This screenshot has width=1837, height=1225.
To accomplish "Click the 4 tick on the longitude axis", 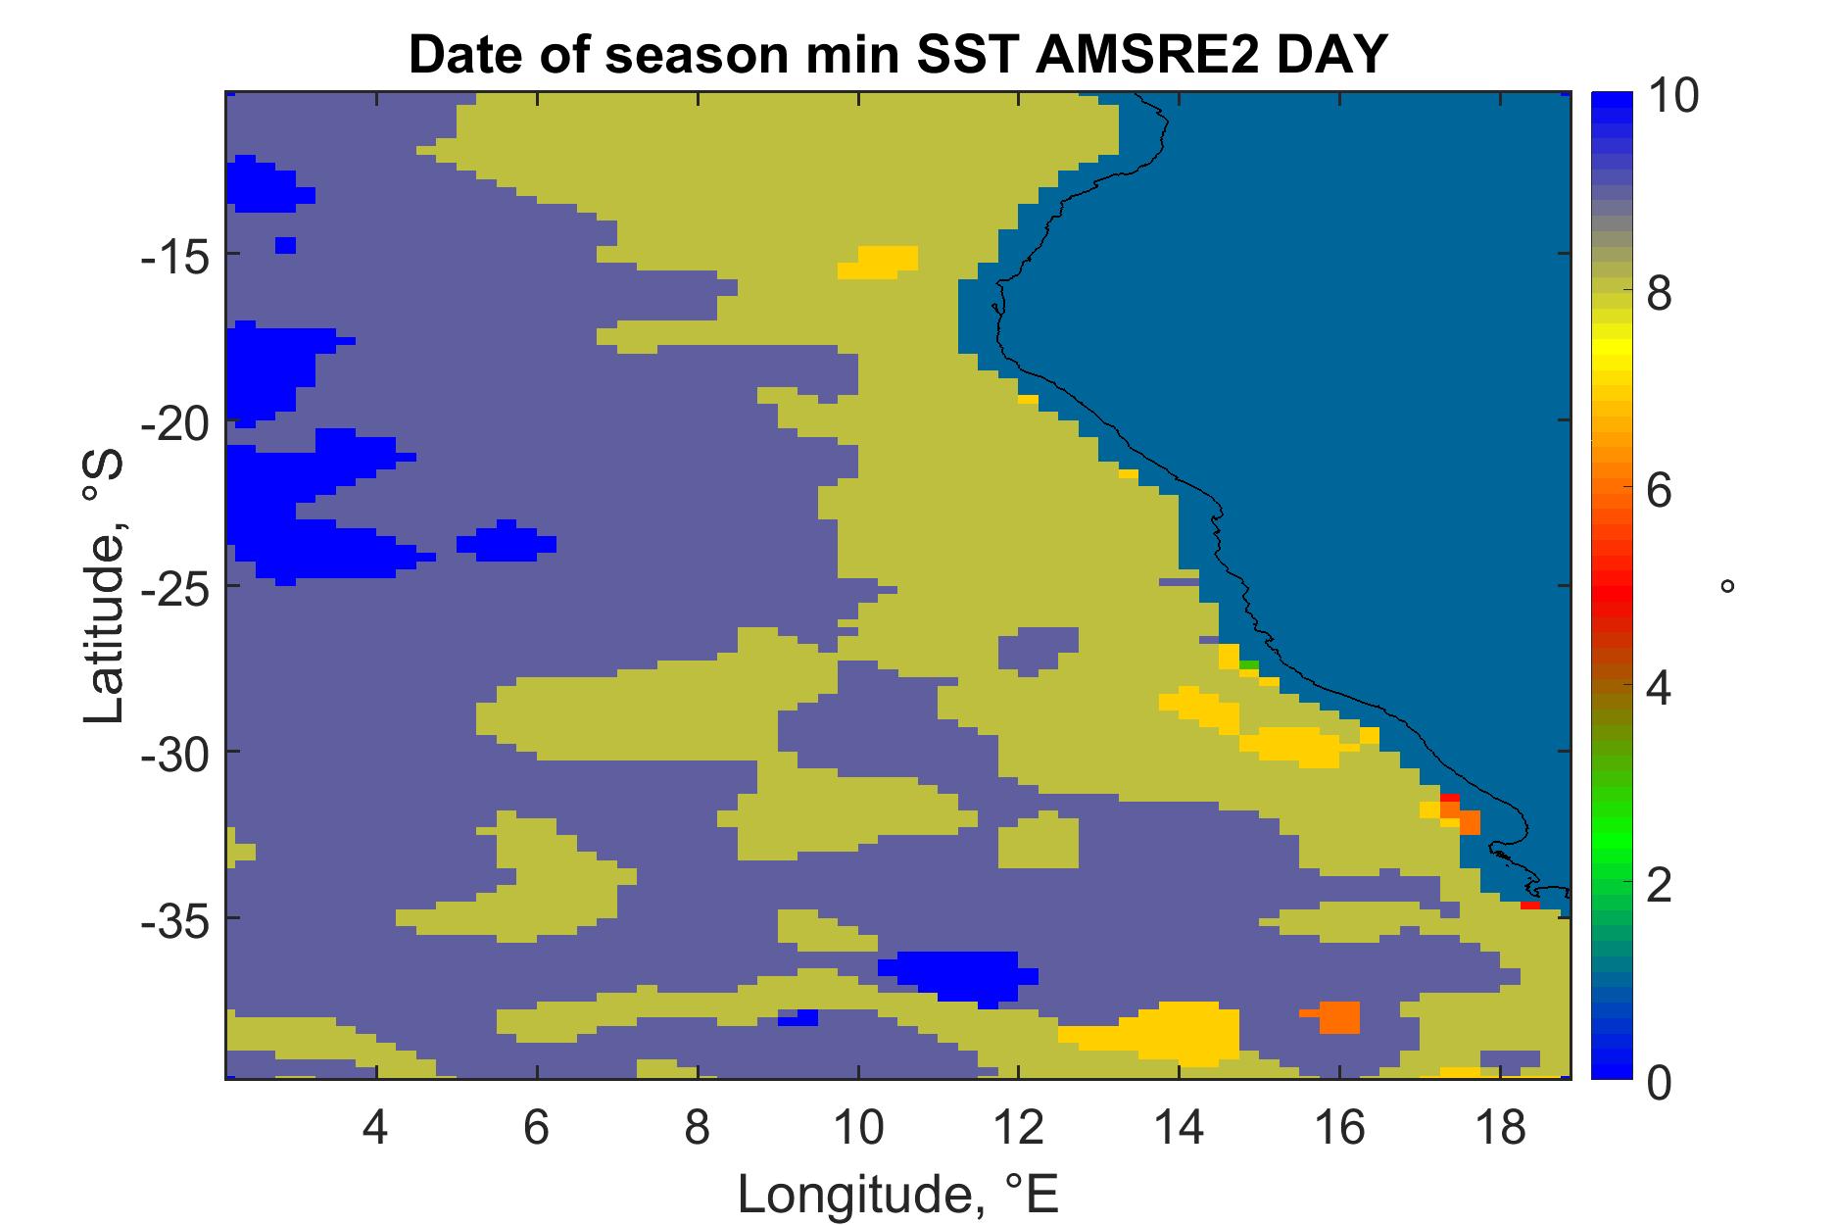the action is click(x=376, y=1129).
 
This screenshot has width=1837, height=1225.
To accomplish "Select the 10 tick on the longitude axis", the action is click(x=858, y=1129).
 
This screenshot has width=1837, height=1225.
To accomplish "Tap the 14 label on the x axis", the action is click(x=1180, y=1129).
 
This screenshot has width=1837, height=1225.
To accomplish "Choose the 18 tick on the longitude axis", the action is click(x=1500, y=1129).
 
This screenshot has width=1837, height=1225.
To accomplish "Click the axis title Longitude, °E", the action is click(x=899, y=1193).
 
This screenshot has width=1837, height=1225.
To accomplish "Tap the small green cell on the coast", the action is click(x=1249, y=665).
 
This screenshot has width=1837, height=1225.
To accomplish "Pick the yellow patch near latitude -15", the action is click(x=879, y=262).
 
